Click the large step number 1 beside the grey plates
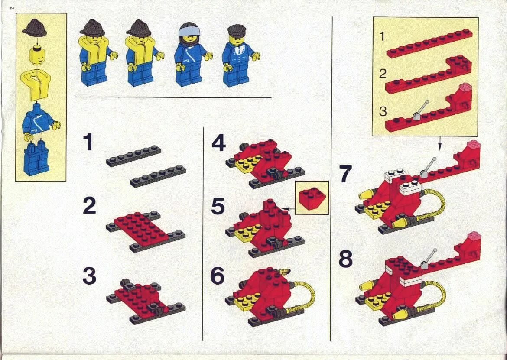(x=88, y=142)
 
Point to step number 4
(x=218, y=143)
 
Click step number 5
(x=218, y=207)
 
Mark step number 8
(x=345, y=259)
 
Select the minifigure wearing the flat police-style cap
(x=239, y=55)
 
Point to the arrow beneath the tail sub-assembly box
(x=439, y=143)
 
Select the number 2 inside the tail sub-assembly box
(x=383, y=74)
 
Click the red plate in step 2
(x=141, y=227)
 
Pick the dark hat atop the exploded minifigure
(x=35, y=28)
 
